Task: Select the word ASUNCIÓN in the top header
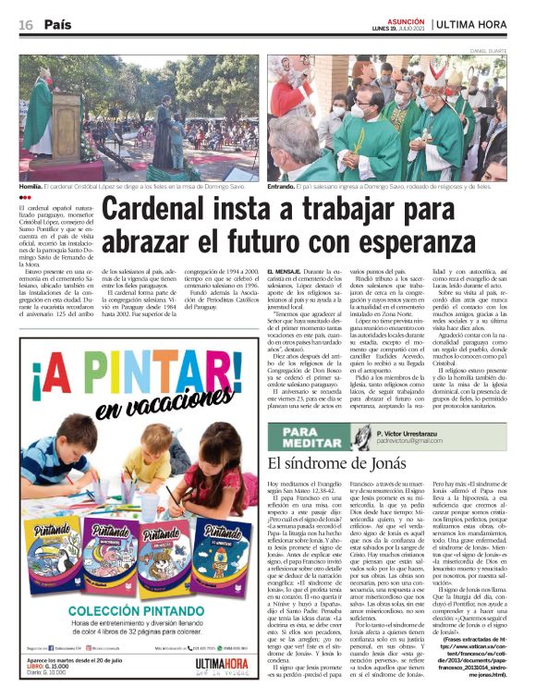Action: pos(406,18)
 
